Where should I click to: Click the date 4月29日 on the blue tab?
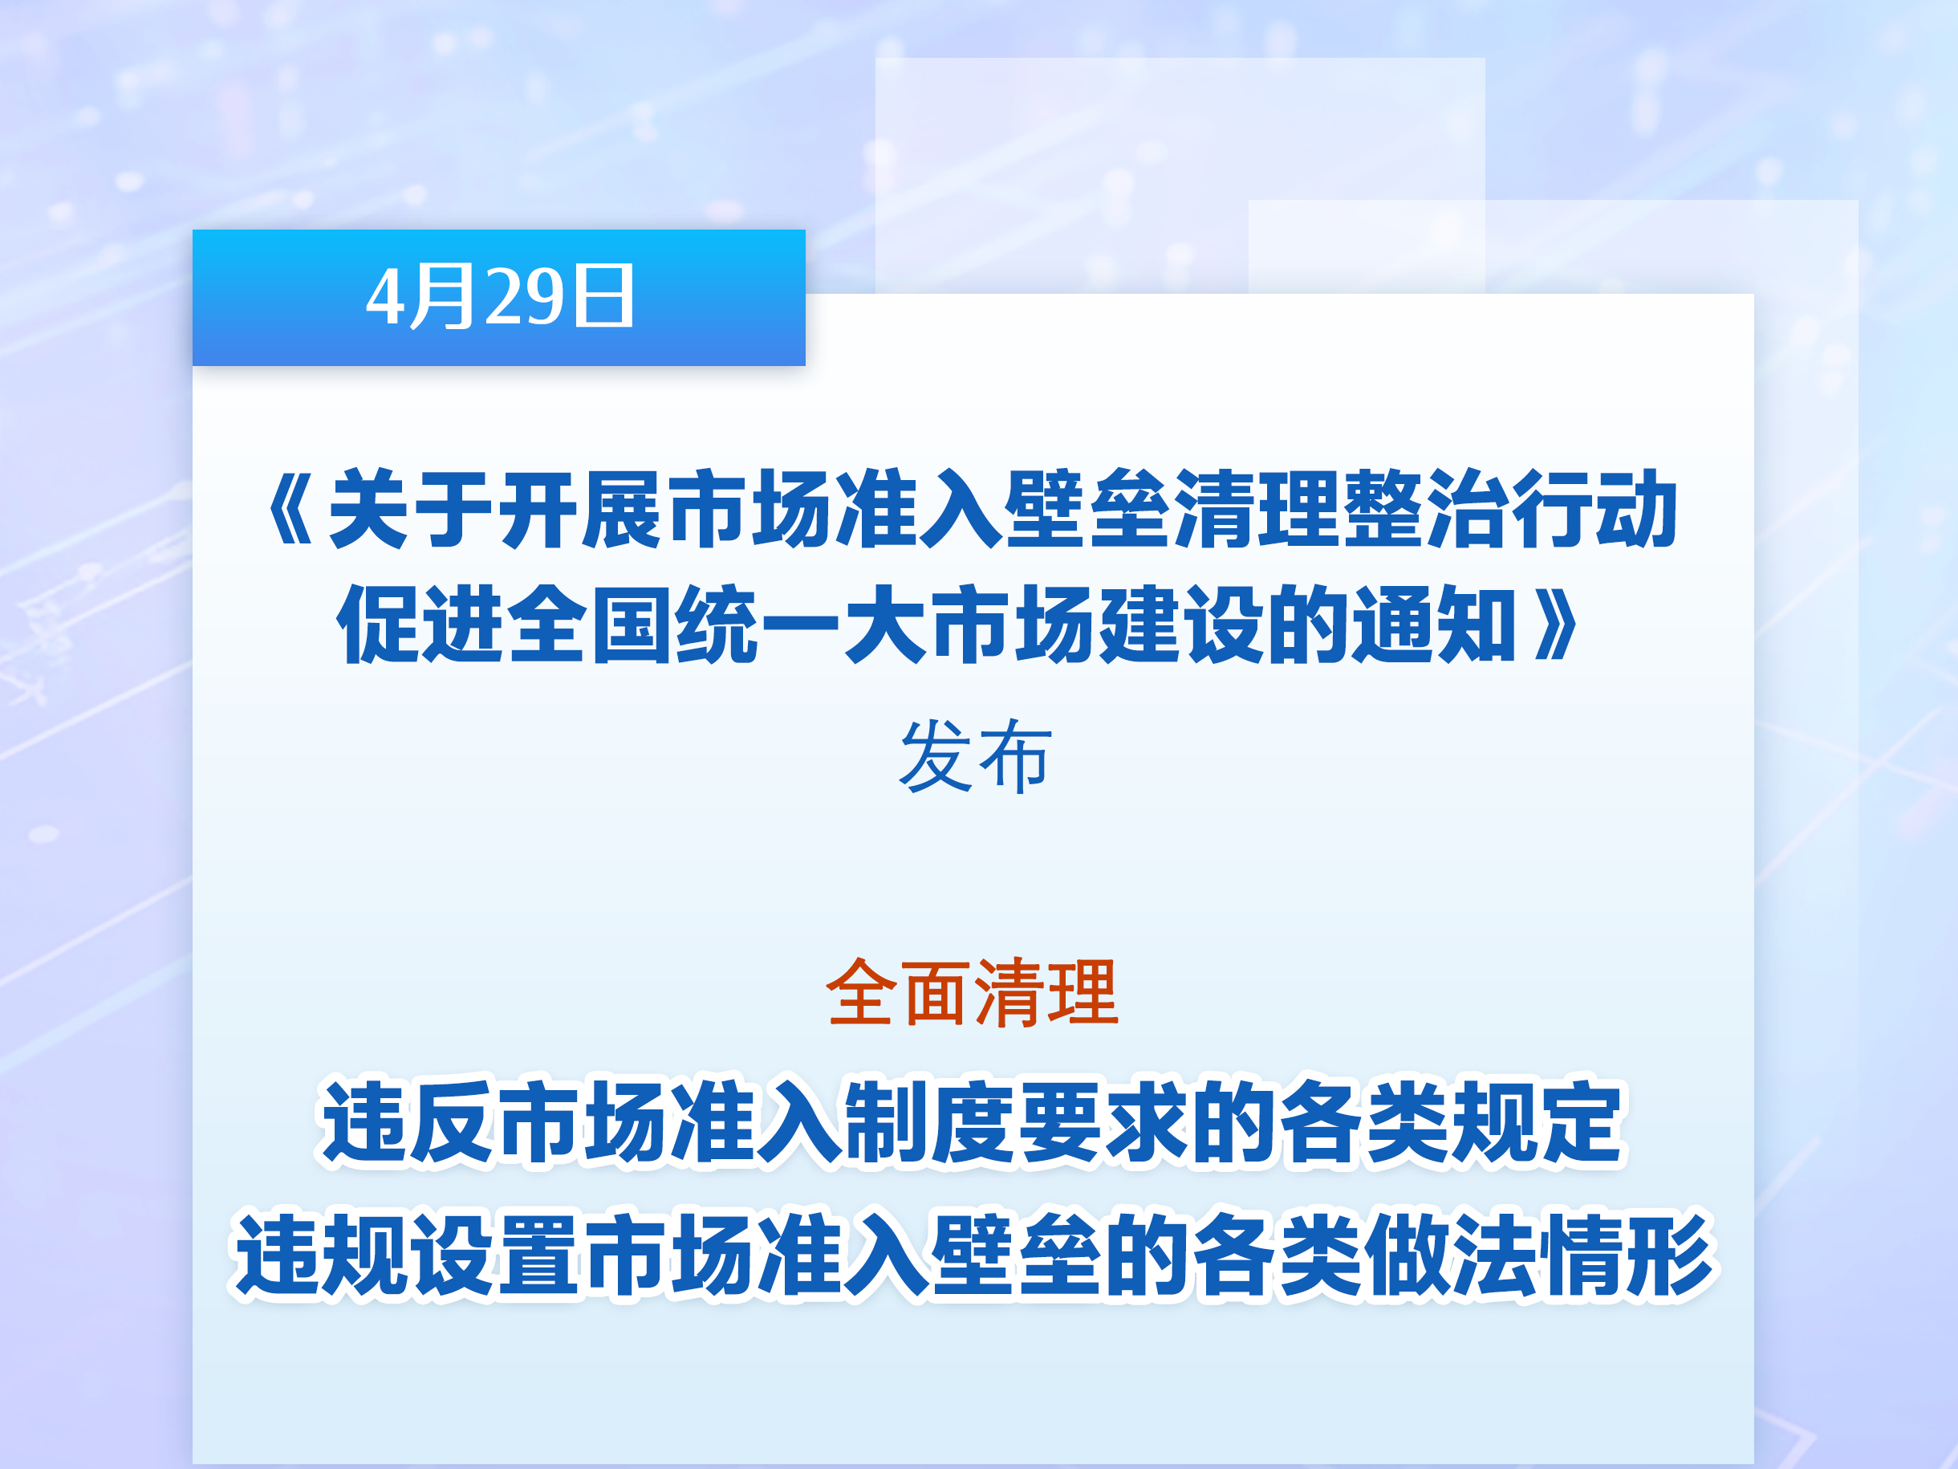[x=500, y=297]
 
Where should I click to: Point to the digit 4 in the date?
[x=385, y=298]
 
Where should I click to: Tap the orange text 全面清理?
[x=973, y=993]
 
